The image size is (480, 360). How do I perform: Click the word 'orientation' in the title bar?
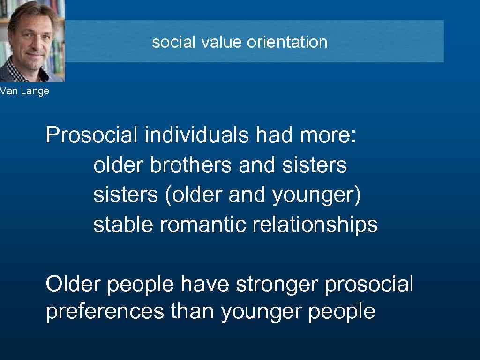tap(287, 42)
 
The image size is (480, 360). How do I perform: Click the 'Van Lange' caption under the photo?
tap(24, 91)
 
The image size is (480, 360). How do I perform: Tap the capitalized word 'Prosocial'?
tap(92, 135)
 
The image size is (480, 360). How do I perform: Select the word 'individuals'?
tap(197, 135)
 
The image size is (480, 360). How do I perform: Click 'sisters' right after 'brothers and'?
tap(315, 165)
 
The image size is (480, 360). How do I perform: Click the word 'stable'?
tap(123, 225)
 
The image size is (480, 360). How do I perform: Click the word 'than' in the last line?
tap(193, 312)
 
